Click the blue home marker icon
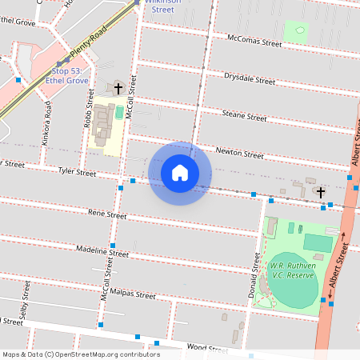point(180,173)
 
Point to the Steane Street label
point(244,116)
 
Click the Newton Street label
point(239,153)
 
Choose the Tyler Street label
point(77,171)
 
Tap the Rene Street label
point(107,214)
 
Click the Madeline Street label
point(102,251)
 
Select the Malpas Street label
point(133,294)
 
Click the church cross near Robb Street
point(118,87)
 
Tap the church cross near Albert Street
point(321,192)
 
